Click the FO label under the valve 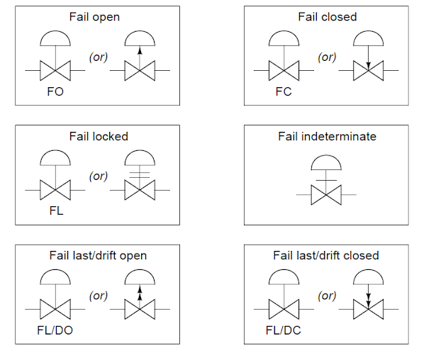(55, 92)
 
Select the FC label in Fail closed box (284, 92)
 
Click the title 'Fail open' (94, 16)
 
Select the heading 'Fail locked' (99, 136)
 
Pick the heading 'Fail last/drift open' (99, 255)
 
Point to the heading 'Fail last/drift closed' (326, 255)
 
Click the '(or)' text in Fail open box (97, 57)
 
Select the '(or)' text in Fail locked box (97, 176)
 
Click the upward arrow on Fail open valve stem (140, 52)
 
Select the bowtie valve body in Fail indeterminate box (327, 193)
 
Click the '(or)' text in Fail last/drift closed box (325, 296)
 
